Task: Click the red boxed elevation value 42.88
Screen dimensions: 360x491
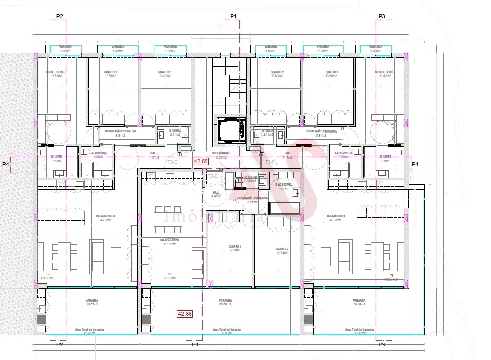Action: [201, 162]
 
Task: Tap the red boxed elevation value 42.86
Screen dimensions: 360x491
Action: [185, 314]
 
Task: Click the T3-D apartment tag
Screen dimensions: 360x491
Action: [173, 162]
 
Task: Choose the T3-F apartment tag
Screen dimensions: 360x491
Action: [271, 163]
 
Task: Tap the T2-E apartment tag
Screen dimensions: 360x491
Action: [212, 177]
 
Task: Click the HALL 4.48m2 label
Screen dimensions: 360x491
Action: [216, 194]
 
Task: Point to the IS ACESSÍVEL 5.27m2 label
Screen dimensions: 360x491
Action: [283, 187]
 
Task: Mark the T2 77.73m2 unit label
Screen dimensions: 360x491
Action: [170, 276]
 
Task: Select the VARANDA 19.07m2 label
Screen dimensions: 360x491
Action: [92, 303]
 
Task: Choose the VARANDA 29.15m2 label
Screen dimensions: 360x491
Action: [358, 303]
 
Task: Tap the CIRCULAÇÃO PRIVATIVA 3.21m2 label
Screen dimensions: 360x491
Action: [252, 200]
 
